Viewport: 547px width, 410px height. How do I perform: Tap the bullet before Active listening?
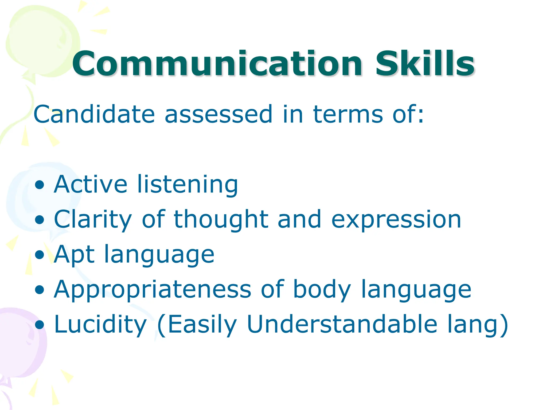pyautogui.click(x=40, y=185)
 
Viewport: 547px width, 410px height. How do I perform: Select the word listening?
pyautogui.click(x=187, y=185)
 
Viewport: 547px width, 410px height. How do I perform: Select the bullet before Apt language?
pyautogui.click(x=40, y=255)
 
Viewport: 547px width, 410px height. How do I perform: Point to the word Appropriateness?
pyautogui.click(x=152, y=290)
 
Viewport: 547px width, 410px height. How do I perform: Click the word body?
pyautogui.click(x=322, y=290)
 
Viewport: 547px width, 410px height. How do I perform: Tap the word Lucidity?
pyautogui.click(x=100, y=325)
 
